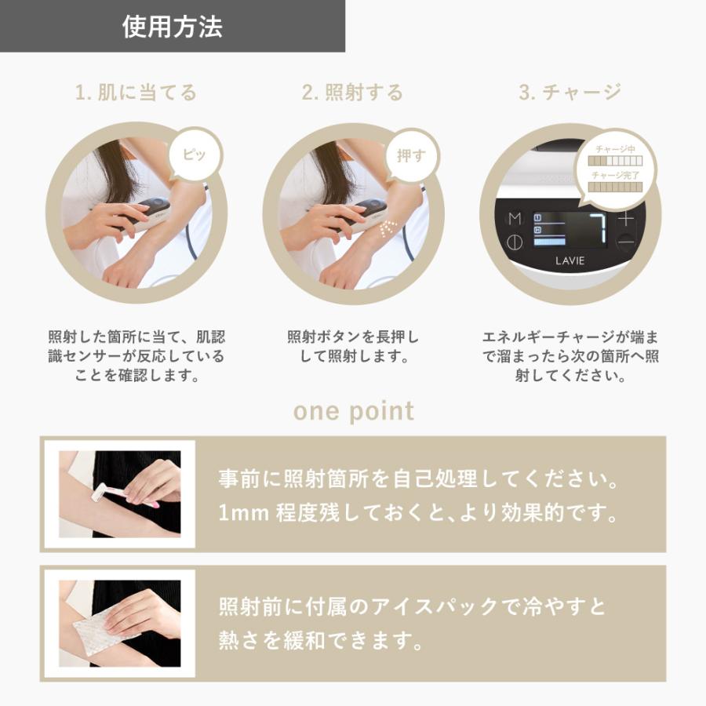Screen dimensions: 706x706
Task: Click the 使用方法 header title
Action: tap(173, 27)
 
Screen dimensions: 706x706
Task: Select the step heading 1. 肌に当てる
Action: tap(136, 93)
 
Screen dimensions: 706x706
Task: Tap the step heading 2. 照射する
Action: tap(352, 93)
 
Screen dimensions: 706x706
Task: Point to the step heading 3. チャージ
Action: tap(570, 93)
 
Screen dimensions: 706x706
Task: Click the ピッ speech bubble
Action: tap(195, 155)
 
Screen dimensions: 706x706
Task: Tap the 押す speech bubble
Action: tap(411, 155)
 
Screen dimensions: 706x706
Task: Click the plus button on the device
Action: tap(625, 219)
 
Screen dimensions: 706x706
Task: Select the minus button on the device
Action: tap(625, 242)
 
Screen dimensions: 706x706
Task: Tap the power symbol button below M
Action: tap(515, 242)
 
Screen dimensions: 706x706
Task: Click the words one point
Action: tap(353, 411)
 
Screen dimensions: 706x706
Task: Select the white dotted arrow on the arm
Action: tap(386, 230)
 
